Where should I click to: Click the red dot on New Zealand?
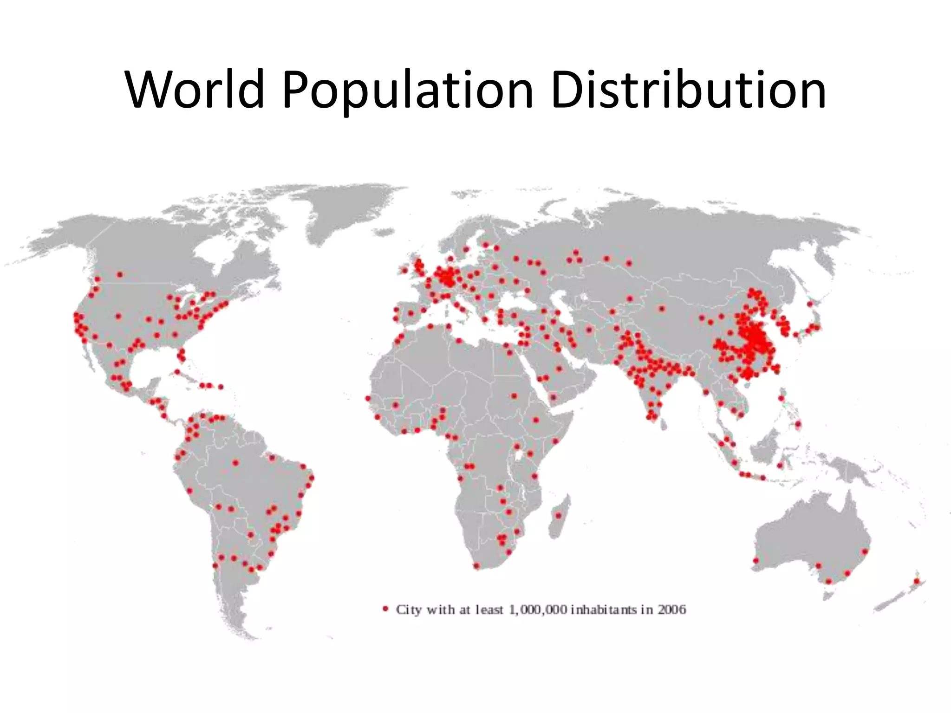[x=917, y=581]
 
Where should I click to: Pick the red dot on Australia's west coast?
[x=756, y=560]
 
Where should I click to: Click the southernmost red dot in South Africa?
[x=475, y=565]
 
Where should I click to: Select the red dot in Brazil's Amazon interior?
[x=235, y=462]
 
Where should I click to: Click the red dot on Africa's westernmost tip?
[x=368, y=398]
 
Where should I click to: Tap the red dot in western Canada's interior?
[x=120, y=274]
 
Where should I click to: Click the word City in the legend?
[x=408, y=609]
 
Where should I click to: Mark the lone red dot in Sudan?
[x=514, y=396]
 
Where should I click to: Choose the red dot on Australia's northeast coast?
[x=864, y=551]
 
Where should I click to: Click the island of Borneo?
[x=764, y=446]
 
